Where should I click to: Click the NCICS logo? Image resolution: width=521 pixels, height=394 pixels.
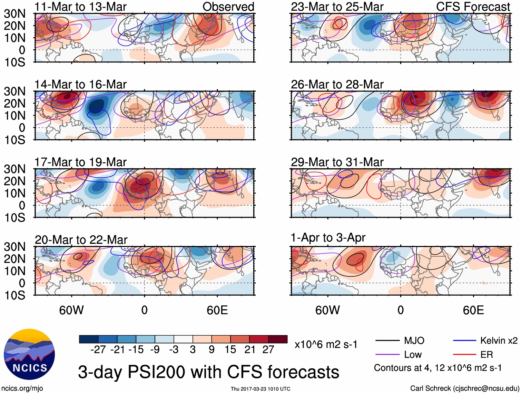click(29, 354)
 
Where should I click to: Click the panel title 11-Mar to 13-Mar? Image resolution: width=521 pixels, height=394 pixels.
click(80, 7)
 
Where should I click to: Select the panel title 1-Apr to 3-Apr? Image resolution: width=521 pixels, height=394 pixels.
click(328, 238)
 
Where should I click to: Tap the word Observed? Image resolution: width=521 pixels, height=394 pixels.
click(228, 7)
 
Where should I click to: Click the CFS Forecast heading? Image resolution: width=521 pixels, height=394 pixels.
click(473, 7)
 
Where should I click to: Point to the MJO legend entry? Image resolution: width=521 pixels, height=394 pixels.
click(414, 341)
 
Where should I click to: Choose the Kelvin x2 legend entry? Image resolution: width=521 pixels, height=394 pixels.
click(499, 341)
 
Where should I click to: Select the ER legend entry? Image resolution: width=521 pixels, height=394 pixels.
click(486, 355)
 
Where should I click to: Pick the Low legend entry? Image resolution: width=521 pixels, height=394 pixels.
click(413, 355)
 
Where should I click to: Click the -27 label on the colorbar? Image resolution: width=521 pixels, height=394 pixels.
click(98, 350)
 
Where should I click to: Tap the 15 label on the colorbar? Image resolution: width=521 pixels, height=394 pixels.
click(230, 350)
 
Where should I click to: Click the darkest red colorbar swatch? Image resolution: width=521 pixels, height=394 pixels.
click(278, 339)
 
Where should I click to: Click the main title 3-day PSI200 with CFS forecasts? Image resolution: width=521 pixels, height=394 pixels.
click(208, 372)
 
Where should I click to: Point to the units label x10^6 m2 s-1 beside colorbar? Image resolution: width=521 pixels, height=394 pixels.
click(326, 345)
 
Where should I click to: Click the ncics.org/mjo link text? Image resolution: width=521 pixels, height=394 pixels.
click(22, 388)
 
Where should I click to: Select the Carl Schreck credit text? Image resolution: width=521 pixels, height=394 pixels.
click(464, 388)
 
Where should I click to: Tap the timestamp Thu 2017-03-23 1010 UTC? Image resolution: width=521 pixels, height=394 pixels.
click(260, 389)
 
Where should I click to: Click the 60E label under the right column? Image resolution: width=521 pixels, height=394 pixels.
click(473, 310)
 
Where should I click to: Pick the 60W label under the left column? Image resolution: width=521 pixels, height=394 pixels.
click(71, 310)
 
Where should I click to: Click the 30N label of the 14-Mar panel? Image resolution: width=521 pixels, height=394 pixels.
click(15, 91)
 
